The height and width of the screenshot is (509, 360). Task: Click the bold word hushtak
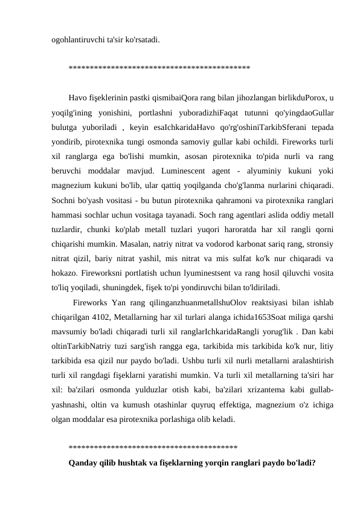tap(144, 462)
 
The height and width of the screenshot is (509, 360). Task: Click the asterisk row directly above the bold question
tap(153, 448)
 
